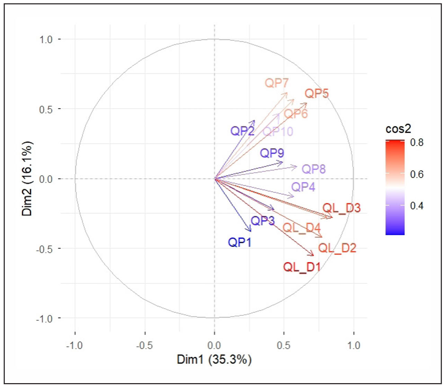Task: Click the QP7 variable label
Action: click(x=277, y=83)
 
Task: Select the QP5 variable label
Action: click(x=317, y=94)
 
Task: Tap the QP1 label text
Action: click(x=240, y=242)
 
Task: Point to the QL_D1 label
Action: click(x=302, y=267)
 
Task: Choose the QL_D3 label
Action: click(x=341, y=209)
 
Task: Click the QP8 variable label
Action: click(x=314, y=169)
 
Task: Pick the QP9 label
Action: click(x=272, y=153)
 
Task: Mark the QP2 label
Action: click(x=242, y=131)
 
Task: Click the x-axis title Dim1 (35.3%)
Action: click(x=214, y=359)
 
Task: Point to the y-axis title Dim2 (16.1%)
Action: click(x=27, y=178)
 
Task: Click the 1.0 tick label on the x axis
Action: click(x=354, y=345)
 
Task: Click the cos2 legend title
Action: click(x=398, y=129)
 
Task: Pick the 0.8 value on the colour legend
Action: click(x=417, y=142)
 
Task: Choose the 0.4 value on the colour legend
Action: click(x=417, y=206)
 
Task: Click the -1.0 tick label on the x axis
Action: click(x=75, y=345)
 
